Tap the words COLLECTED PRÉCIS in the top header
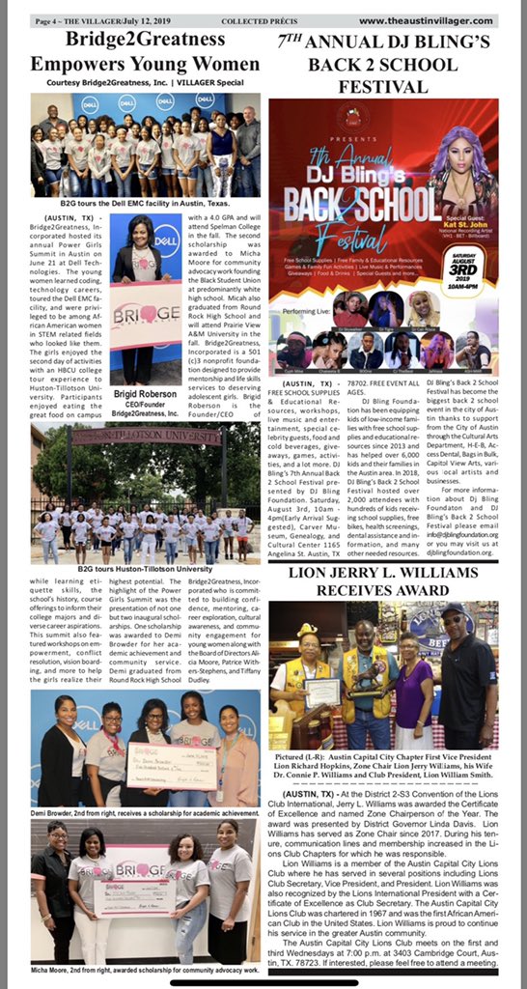(x=253, y=19)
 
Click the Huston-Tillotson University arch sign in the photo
(x=146, y=435)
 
